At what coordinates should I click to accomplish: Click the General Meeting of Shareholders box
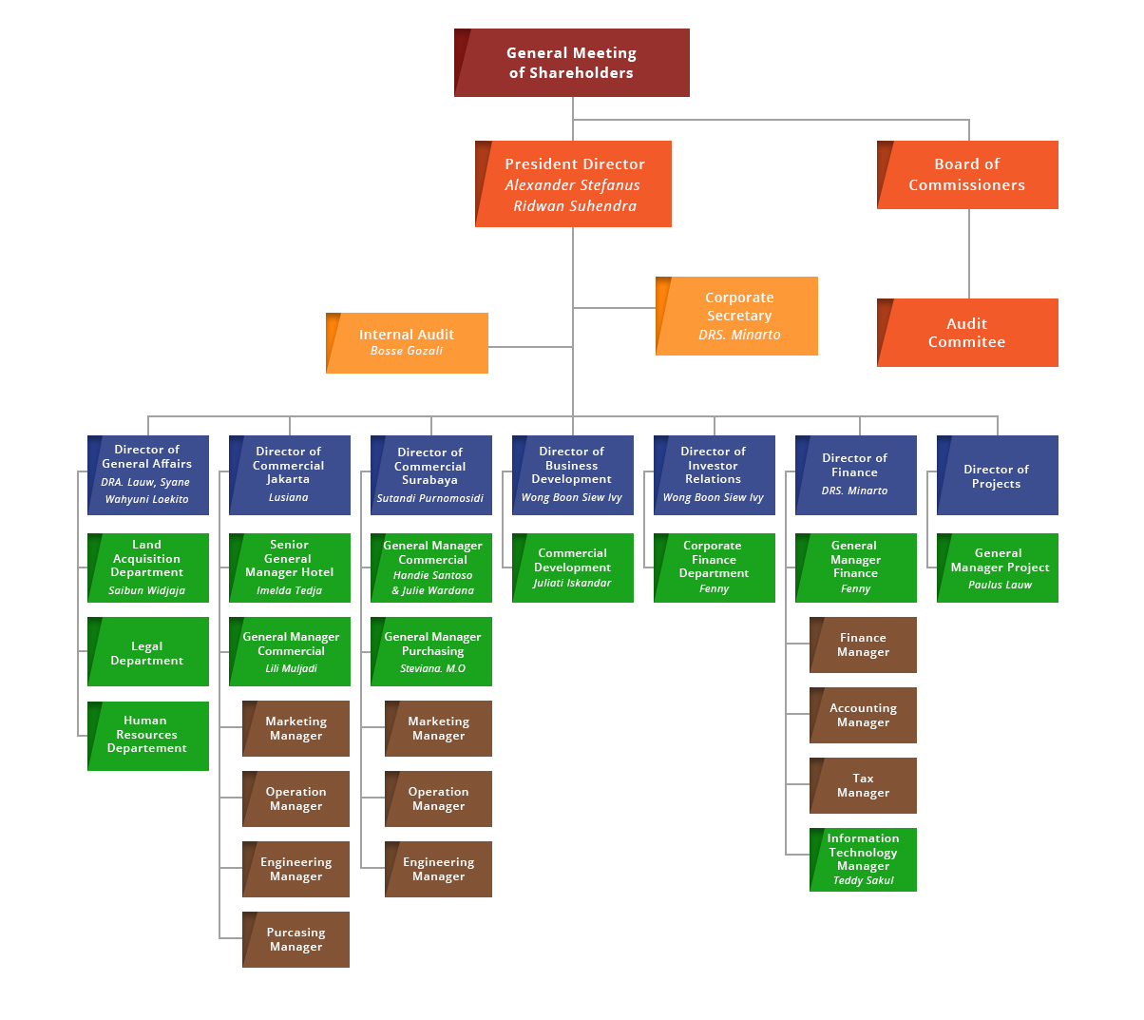pos(572,63)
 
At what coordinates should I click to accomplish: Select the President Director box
pos(574,184)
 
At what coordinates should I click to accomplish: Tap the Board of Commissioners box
pos(967,175)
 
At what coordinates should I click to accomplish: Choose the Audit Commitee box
pos(967,333)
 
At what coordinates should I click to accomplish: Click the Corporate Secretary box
pos(737,316)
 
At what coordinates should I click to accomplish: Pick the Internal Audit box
pos(407,342)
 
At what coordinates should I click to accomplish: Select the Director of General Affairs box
pos(148,474)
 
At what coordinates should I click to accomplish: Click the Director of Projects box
pos(998,475)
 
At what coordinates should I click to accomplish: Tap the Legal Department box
pos(148,652)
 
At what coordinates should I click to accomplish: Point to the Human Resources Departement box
pos(148,736)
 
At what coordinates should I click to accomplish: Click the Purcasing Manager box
pos(296,939)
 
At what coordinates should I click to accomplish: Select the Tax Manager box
pos(863,785)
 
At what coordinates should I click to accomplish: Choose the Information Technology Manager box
pos(863,858)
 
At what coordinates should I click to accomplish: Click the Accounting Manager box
pos(863,715)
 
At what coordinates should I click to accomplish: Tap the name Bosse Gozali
pos(407,351)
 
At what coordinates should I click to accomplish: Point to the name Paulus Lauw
pos(1000,585)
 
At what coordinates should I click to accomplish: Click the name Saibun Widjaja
pos(147,590)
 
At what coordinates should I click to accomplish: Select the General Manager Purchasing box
pos(431,651)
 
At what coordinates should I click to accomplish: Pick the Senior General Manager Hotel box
pos(290,568)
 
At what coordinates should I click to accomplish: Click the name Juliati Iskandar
pos(572,583)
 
